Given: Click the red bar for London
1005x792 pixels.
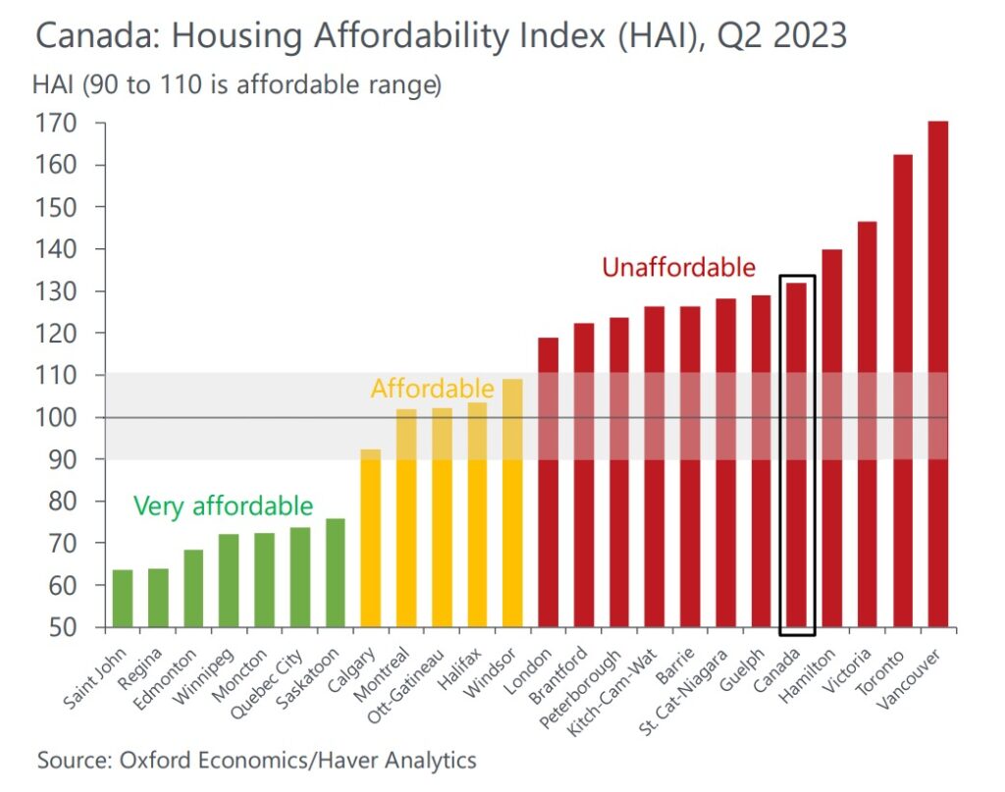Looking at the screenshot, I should click(x=548, y=482).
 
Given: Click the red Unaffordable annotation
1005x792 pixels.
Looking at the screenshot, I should click(x=678, y=267).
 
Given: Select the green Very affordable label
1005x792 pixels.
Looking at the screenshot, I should click(x=223, y=506).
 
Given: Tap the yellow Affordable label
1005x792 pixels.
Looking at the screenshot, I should click(x=432, y=389).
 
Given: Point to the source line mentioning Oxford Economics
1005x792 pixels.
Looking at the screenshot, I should click(x=256, y=760).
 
